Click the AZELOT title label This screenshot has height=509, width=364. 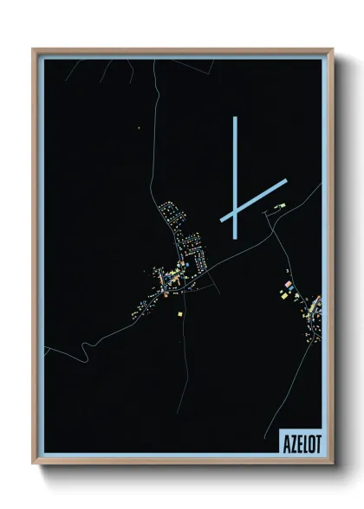pos(300,441)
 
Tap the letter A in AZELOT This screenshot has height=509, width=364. pos(286,441)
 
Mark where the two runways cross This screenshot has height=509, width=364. pos(235,210)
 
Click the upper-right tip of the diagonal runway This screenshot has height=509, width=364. pos(284,181)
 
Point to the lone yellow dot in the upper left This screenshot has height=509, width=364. pos(138,129)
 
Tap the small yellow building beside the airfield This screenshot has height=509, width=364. pos(279,207)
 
